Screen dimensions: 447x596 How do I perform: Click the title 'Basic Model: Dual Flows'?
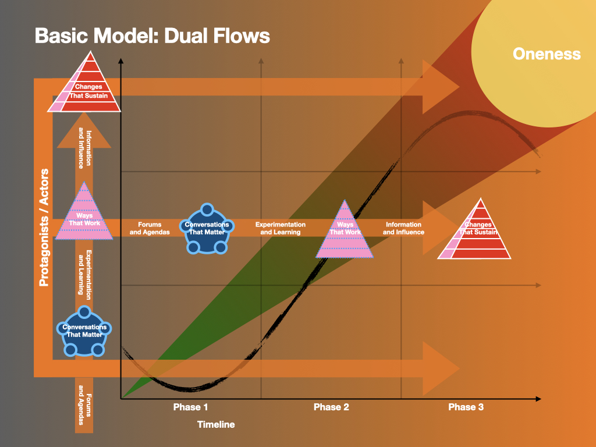click(152, 36)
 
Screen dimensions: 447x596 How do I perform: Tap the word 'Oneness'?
click(547, 54)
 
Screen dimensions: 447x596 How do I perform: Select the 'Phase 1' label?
click(190, 407)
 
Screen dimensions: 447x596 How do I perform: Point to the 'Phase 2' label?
click(331, 407)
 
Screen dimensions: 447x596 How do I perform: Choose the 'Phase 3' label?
click(466, 407)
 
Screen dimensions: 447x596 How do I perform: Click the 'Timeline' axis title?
click(216, 424)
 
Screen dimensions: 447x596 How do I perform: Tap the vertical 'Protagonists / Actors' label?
click(43, 228)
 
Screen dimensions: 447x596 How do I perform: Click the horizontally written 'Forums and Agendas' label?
click(150, 228)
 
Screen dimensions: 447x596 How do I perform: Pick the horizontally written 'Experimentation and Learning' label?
click(281, 228)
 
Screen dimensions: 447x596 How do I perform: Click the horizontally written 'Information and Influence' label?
click(403, 228)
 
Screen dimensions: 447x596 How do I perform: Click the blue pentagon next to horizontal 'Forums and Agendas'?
click(207, 229)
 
